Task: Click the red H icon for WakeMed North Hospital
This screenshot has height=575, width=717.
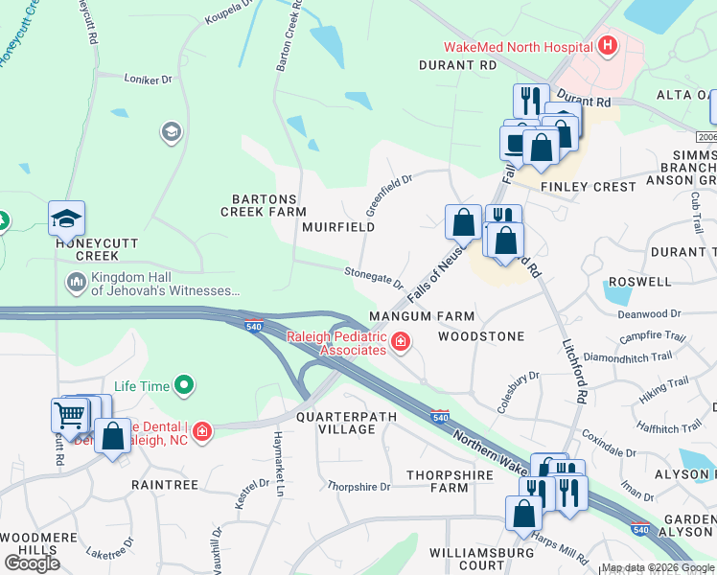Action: pyautogui.click(x=606, y=45)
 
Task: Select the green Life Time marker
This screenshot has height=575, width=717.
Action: pyautogui.click(x=183, y=386)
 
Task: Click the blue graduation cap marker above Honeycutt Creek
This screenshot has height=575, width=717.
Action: pyautogui.click(x=66, y=219)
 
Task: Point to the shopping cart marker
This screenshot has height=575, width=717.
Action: pyautogui.click(x=69, y=416)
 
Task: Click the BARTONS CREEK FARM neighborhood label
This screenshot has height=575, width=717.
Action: pyautogui.click(x=264, y=205)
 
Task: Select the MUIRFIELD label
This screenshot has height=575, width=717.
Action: pyautogui.click(x=337, y=227)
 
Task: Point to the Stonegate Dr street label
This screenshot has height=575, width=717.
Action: pyautogui.click(x=374, y=276)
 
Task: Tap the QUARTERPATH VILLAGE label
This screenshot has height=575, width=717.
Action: pyautogui.click(x=347, y=423)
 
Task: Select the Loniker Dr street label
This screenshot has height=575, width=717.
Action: pyautogui.click(x=149, y=78)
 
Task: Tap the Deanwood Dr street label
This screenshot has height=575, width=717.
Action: pyautogui.click(x=649, y=313)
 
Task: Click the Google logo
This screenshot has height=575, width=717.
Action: pyautogui.click(x=32, y=563)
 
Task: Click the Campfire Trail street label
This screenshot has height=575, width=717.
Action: pyautogui.click(x=653, y=337)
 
